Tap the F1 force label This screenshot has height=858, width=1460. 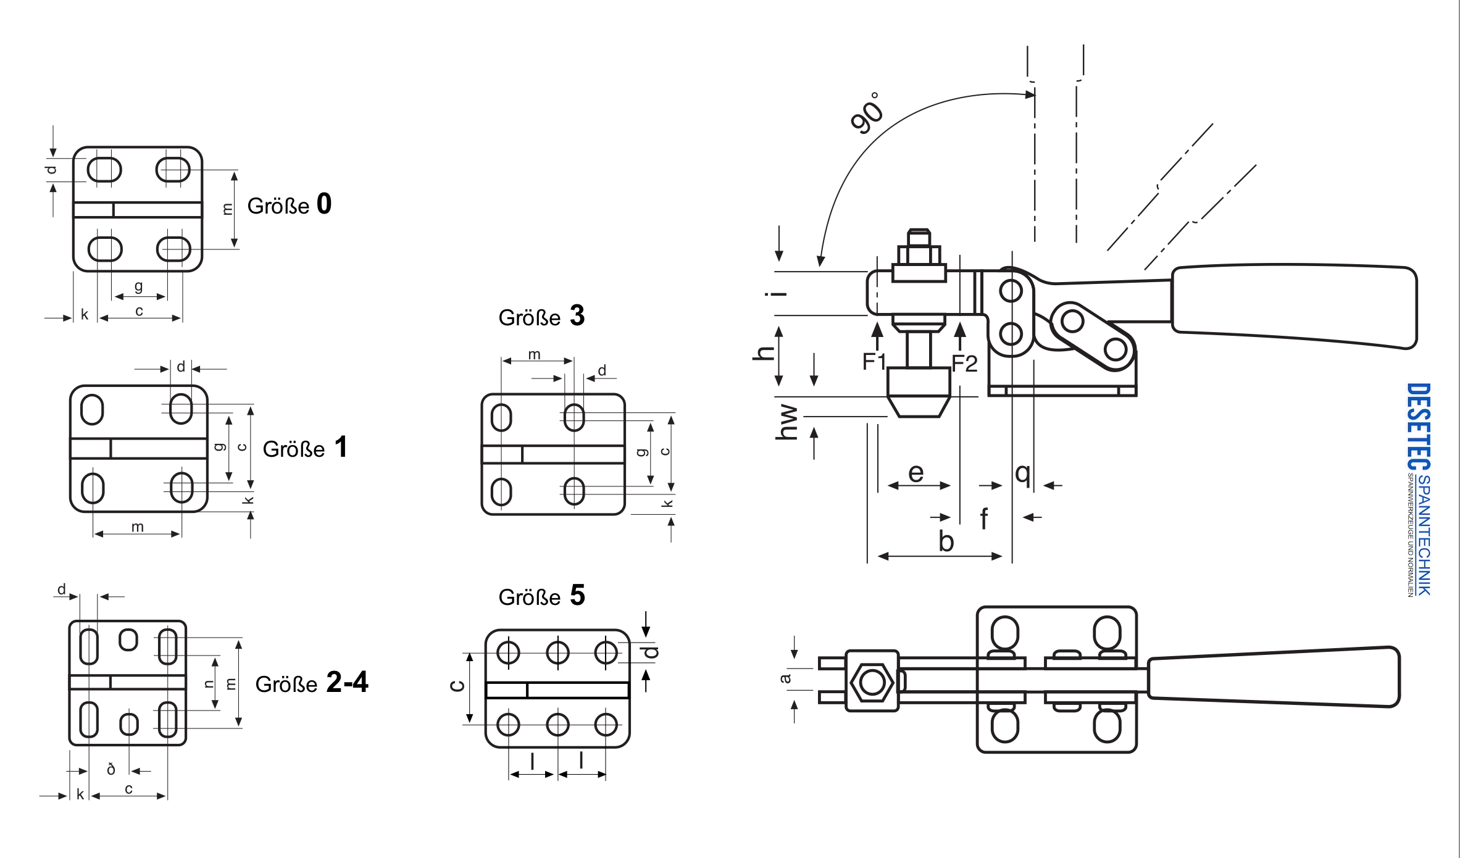tap(874, 361)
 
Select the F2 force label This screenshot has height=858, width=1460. tap(964, 364)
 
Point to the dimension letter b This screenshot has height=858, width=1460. tap(946, 541)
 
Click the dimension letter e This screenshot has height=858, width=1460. tap(916, 473)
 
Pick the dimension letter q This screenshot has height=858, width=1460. tap(1023, 474)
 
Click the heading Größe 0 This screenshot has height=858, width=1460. tap(290, 204)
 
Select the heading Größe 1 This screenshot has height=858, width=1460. tap(305, 448)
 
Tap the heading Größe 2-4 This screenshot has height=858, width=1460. tap(312, 683)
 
